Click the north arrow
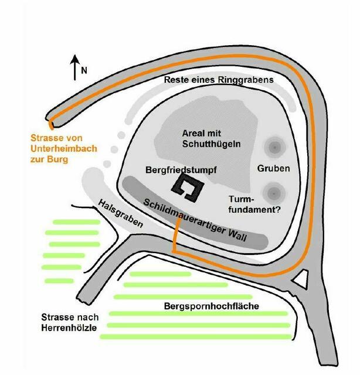[x=75, y=67]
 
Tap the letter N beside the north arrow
[x=84, y=70]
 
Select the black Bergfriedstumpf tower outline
[x=188, y=187]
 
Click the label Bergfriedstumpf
[x=181, y=170]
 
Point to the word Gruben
[x=273, y=168]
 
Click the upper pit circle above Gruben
[x=274, y=147]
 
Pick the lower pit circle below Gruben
[x=274, y=193]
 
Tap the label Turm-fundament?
[x=254, y=204]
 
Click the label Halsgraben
[x=120, y=213]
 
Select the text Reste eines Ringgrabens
[x=219, y=80]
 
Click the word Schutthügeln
[x=211, y=144]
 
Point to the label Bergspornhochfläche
[x=212, y=306]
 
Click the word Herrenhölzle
[x=69, y=328]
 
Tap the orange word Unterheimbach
[x=64, y=148]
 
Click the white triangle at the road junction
[x=301, y=279]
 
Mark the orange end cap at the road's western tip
[x=51, y=125]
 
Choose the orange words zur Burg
[x=49, y=159]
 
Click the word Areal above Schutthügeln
[x=194, y=133]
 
